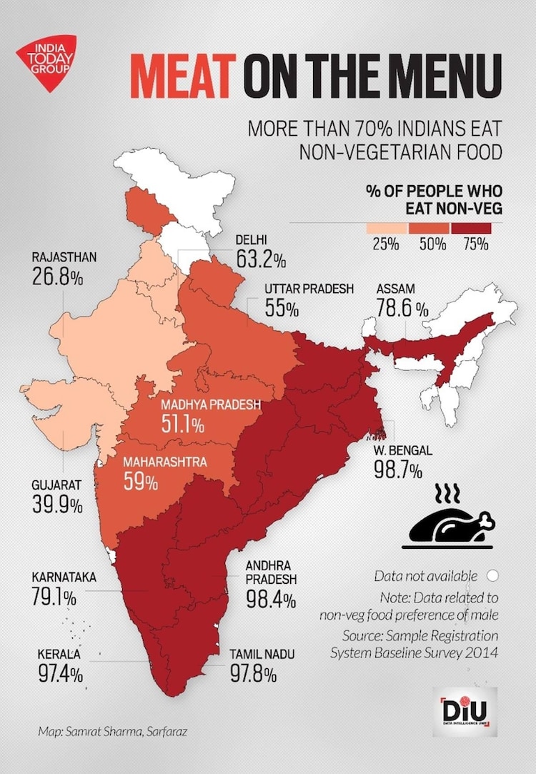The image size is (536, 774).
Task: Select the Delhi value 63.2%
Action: tap(262, 259)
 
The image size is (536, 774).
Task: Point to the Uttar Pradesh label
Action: tap(309, 289)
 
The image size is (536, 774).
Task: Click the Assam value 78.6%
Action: tap(402, 308)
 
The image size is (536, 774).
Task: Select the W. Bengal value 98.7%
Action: tap(398, 471)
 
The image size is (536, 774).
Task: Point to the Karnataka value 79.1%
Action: tap(54, 596)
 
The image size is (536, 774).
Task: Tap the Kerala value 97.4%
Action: tap(61, 673)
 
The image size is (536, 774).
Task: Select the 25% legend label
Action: tap(385, 244)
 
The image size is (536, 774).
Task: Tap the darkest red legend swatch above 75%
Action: tap(472, 228)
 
